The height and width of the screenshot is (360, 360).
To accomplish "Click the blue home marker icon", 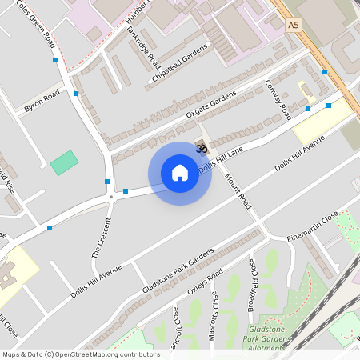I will pyautogui.click(x=180, y=173).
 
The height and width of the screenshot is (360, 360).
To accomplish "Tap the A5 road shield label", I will pyautogui.click(x=295, y=26).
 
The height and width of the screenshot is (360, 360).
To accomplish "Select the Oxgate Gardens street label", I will pyautogui.click(x=211, y=106).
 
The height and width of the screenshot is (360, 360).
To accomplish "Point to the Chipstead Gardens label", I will pyautogui.click(x=180, y=64).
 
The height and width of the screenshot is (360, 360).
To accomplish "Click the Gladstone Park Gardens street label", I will pyautogui.click(x=178, y=271).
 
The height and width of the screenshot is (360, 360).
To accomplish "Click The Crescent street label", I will pyautogui.click(x=99, y=238).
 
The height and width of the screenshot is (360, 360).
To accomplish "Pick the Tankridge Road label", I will pyautogui.click(x=143, y=45).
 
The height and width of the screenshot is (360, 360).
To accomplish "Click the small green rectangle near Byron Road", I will pyautogui.click(x=64, y=163).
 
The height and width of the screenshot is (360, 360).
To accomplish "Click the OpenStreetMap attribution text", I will pyautogui.click(x=80, y=354).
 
